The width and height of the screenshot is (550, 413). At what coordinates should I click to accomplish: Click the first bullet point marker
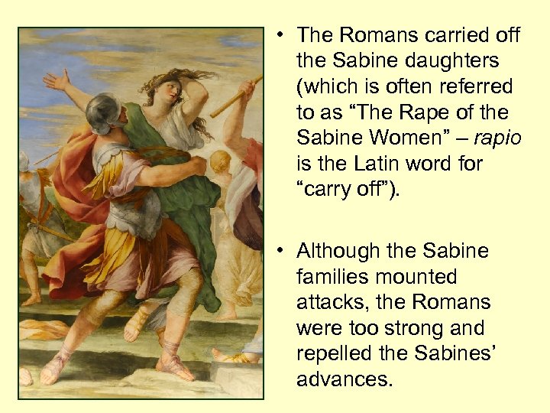click(x=281, y=34)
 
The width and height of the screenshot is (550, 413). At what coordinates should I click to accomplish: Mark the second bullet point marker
click(x=281, y=251)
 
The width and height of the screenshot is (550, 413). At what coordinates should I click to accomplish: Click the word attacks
click(x=325, y=303)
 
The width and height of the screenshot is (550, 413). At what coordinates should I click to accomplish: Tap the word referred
click(x=477, y=86)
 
